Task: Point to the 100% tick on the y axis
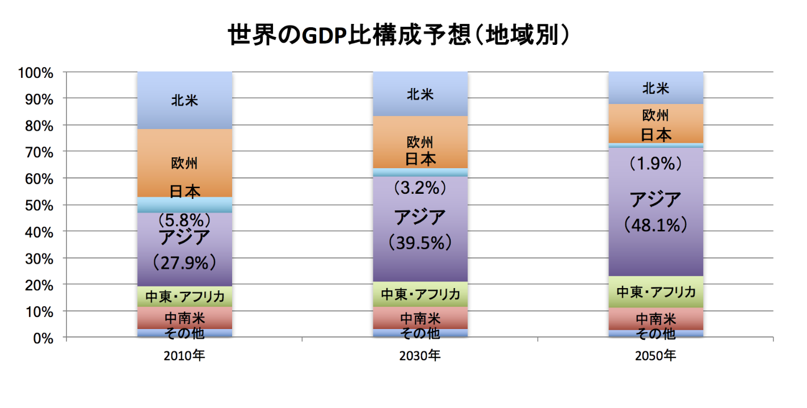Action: (x=36, y=72)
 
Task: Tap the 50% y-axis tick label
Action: (x=39, y=205)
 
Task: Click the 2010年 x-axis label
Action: (x=184, y=356)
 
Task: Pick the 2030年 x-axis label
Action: (x=419, y=356)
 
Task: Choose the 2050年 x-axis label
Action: (x=655, y=356)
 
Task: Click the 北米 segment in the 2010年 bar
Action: (x=184, y=101)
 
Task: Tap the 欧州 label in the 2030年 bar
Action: (x=420, y=143)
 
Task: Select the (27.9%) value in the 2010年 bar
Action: (x=184, y=262)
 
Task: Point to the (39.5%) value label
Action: (x=420, y=243)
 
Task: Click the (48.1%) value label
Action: (x=655, y=226)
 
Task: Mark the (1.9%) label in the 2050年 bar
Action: (x=655, y=164)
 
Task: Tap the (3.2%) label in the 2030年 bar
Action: (x=420, y=187)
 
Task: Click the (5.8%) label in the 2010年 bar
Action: (x=184, y=219)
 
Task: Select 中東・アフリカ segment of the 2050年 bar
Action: (x=656, y=292)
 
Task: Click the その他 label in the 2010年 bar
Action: (x=184, y=333)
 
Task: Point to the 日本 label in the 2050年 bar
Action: (x=656, y=135)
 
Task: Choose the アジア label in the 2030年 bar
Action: (x=420, y=217)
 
